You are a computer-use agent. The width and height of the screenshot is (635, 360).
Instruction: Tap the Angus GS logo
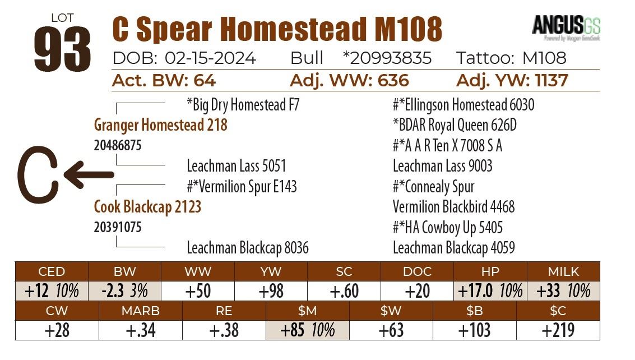point(566,27)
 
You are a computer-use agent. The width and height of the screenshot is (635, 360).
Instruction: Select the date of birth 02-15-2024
point(210,58)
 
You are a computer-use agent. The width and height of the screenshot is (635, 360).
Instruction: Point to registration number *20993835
point(387,58)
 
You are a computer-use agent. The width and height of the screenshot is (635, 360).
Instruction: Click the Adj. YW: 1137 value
point(512,81)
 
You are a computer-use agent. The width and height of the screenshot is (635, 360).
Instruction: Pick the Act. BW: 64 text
point(164,81)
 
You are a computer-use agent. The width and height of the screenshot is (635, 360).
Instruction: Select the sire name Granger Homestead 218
point(161,124)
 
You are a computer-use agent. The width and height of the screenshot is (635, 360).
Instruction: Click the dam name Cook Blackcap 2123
point(147,207)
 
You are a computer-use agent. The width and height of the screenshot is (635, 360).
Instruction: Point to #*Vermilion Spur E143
point(242,187)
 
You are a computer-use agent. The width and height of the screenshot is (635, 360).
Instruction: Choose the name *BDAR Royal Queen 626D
point(455,125)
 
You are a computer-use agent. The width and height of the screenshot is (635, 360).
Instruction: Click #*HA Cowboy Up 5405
point(447,228)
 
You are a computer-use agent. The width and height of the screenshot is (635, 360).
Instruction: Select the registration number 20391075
point(118,228)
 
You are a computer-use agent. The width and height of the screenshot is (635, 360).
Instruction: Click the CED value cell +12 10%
point(52,290)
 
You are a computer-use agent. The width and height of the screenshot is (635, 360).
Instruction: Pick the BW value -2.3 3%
point(124,290)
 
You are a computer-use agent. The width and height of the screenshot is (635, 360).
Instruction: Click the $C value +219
point(558,330)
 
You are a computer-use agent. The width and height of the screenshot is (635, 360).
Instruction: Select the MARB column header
point(140,311)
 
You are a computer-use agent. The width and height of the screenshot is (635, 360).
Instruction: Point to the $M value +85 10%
point(307,330)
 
